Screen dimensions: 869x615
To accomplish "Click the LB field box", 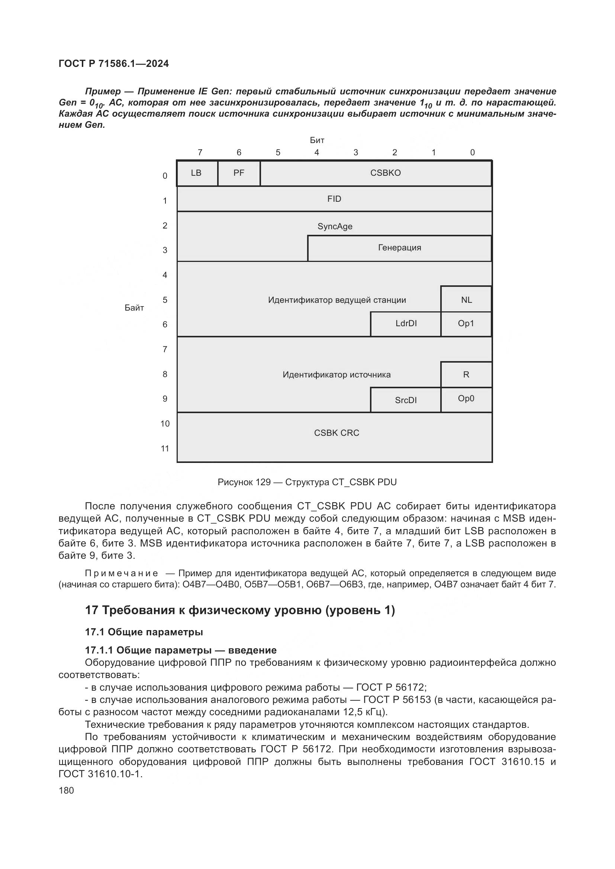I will click(x=197, y=174).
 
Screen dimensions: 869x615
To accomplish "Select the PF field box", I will click(x=239, y=174).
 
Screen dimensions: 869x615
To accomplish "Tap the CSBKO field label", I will click(x=385, y=173).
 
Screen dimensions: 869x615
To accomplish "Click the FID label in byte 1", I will click(x=334, y=199).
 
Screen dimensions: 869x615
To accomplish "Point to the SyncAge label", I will click(x=335, y=226).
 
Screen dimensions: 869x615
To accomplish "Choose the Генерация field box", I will click(x=399, y=248).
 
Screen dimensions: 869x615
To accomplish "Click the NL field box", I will click(x=466, y=300).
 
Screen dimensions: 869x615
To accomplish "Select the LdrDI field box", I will click(x=406, y=324).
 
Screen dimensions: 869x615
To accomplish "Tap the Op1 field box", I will click(x=466, y=324).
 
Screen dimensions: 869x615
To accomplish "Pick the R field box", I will click(x=466, y=375).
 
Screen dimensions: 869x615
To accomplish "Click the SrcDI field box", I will click(x=406, y=400).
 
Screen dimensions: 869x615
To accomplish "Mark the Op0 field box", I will click(x=466, y=399).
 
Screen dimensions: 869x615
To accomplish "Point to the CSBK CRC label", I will click(x=336, y=433).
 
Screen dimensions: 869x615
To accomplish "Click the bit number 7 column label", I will click(x=200, y=153).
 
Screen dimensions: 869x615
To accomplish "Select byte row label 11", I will click(x=165, y=449).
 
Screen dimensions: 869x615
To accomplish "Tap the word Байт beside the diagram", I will click(x=134, y=308).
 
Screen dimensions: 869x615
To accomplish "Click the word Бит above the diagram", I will click(x=317, y=140).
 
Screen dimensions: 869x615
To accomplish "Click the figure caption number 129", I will click(x=263, y=482).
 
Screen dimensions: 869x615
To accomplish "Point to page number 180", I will click(x=66, y=790).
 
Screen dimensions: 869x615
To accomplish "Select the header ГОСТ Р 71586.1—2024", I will click(x=114, y=64).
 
